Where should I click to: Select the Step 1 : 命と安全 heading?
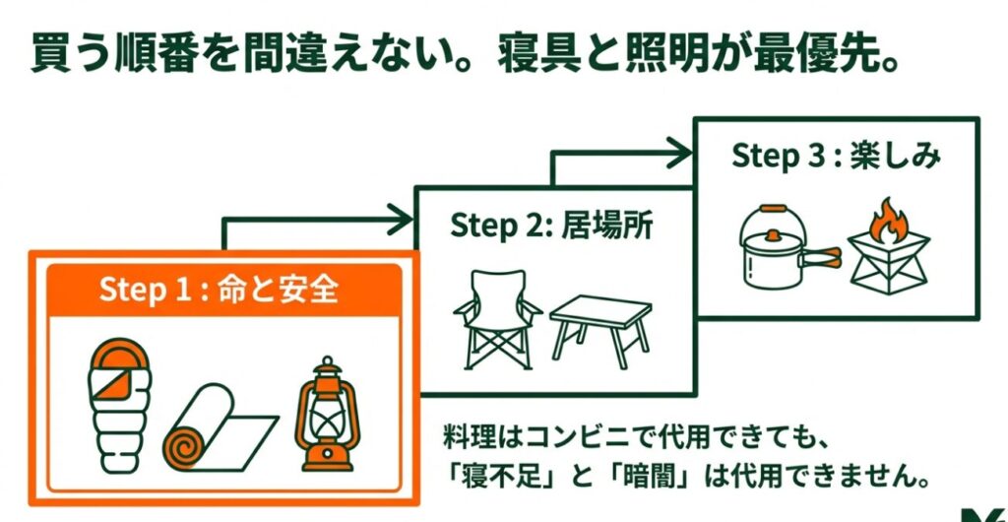219,292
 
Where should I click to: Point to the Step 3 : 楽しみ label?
836,157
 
